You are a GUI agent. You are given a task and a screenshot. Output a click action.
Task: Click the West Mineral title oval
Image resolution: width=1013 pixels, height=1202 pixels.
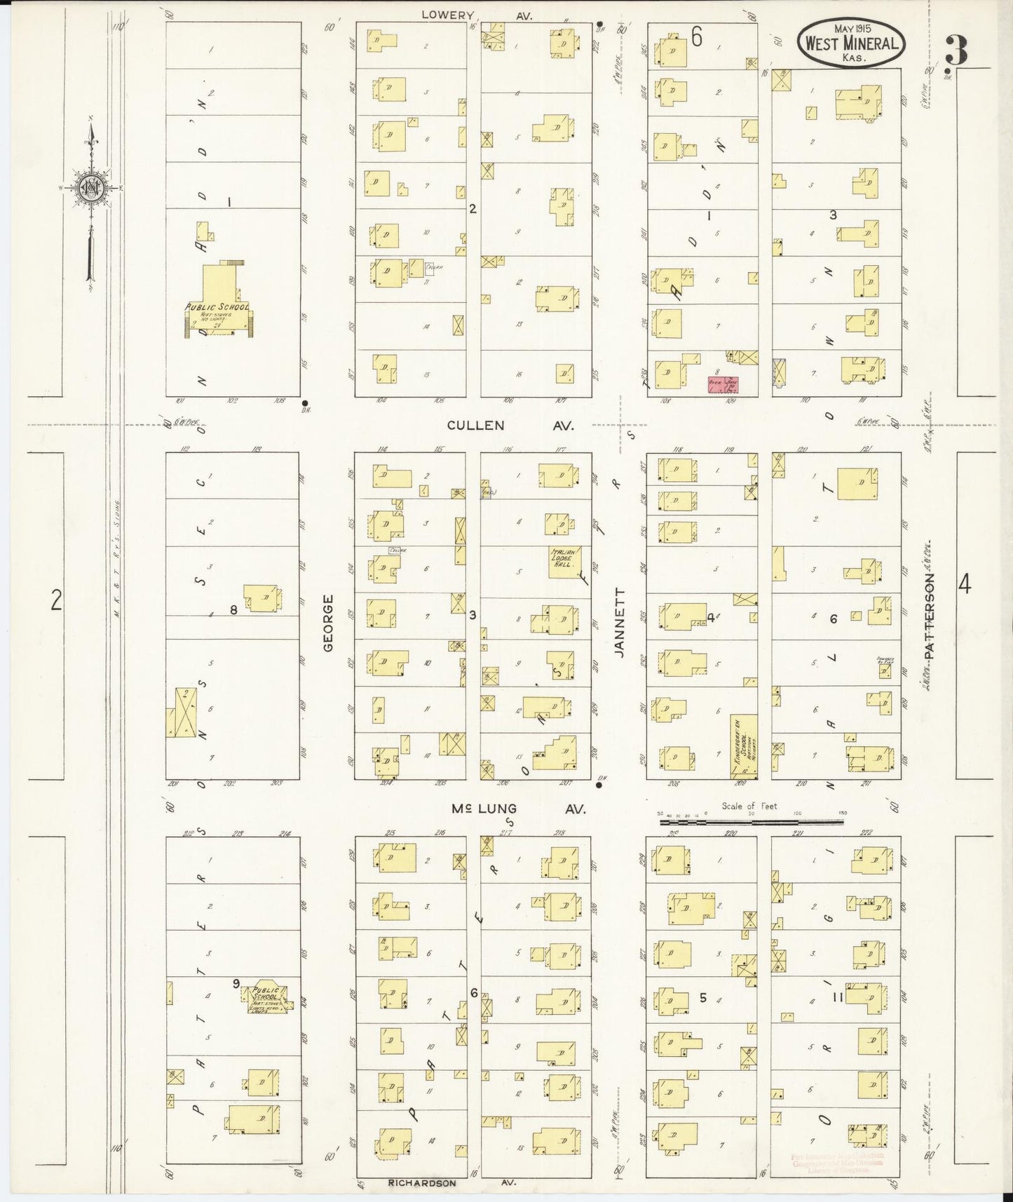(x=851, y=43)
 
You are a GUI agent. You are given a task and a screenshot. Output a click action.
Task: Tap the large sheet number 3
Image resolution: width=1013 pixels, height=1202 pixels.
(x=956, y=50)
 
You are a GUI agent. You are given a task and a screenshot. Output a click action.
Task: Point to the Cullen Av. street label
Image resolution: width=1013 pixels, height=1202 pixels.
(x=510, y=425)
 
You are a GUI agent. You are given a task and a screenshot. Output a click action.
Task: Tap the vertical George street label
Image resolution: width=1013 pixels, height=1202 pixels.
(x=328, y=623)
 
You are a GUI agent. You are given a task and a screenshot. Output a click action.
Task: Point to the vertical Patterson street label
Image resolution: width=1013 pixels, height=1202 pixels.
(x=930, y=615)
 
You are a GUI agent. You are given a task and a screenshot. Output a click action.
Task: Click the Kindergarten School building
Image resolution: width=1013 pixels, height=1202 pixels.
(x=744, y=747)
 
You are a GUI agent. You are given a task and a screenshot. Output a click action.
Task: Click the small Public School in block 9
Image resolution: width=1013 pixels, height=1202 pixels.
(x=265, y=998)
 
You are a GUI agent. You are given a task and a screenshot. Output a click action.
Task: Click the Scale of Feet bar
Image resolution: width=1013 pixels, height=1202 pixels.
(x=751, y=821)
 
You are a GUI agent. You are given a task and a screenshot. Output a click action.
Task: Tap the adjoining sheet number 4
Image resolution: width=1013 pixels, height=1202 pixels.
(x=965, y=583)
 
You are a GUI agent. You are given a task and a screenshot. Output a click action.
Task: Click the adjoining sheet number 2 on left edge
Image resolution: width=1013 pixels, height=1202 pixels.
(x=56, y=601)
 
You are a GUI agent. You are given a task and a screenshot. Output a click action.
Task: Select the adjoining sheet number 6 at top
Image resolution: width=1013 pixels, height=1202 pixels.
(x=696, y=37)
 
